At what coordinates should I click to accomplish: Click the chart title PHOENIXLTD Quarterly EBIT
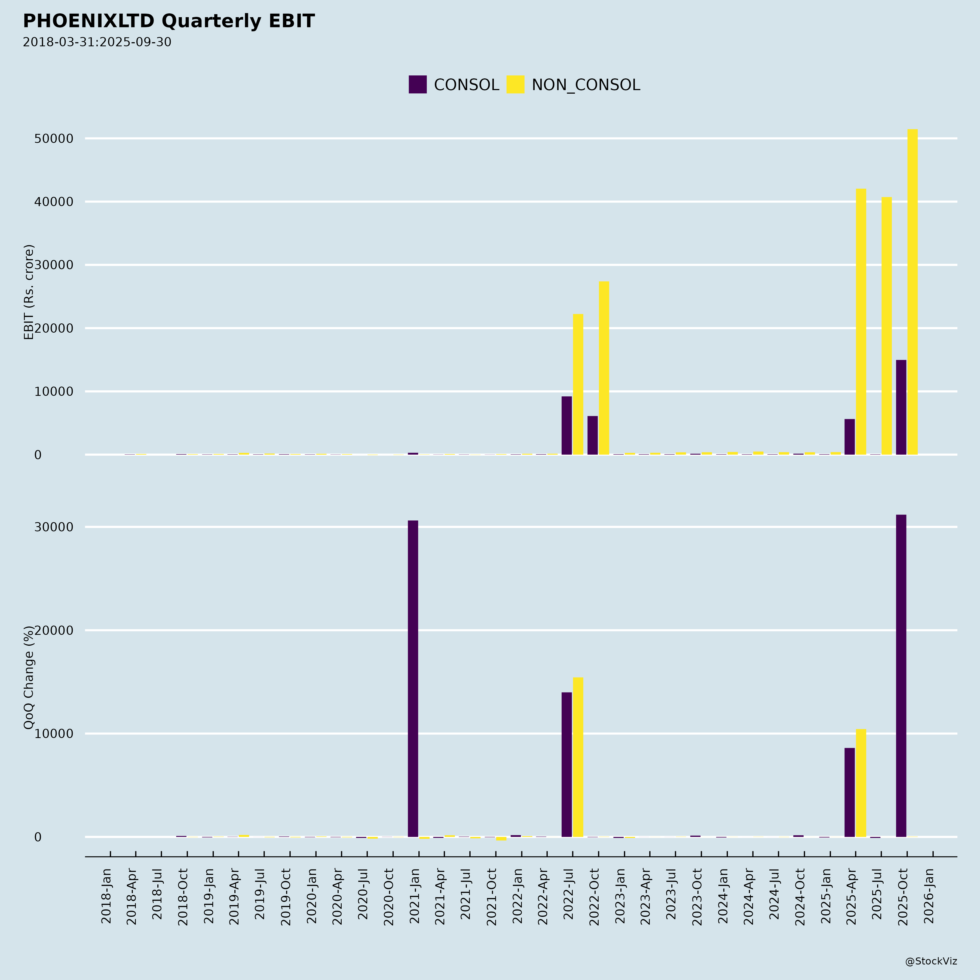pyautogui.click(x=169, y=21)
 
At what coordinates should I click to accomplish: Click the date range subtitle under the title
pyautogui.click(x=97, y=42)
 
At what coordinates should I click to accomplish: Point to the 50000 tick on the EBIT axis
pyautogui.click(x=54, y=139)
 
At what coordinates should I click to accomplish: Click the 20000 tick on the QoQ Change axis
pyautogui.click(x=54, y=630)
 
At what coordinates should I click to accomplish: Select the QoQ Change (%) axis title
pyautogui.click(x=29, y=677)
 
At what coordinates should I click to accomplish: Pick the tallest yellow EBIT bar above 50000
pyautogui.click(x=912, y=292)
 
